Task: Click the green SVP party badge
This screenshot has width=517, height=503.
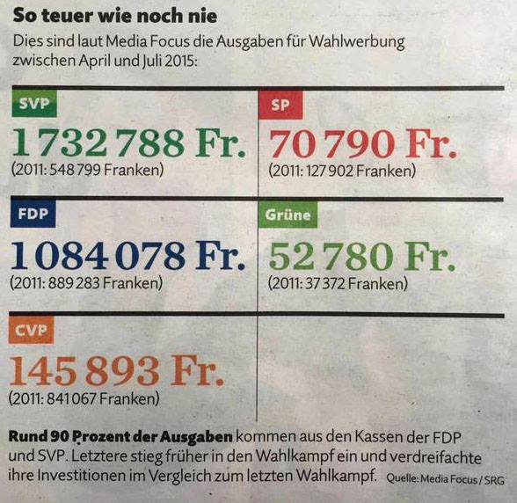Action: click(x=34, y=104)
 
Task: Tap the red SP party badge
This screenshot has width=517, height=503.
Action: click(x=280, y=105)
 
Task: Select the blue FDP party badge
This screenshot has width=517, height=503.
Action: click(x=33, y=214)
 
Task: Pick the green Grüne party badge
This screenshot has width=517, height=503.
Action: click(x=288, y=215)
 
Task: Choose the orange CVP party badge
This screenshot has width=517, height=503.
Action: click(x=31, y=330)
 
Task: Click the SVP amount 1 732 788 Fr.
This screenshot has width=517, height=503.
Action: click(x=129, y=142)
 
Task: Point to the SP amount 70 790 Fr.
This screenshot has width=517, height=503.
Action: click(x=363, y=144)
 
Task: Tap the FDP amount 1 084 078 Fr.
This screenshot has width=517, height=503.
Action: click(x=128, y=255)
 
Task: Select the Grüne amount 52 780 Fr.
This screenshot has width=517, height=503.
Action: click(x=362, y=256)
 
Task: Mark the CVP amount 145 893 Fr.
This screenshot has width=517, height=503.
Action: click(x=116, y=370)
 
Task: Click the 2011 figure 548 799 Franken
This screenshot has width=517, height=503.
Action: click(x=88, y=171)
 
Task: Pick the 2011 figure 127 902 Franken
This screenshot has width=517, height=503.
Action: click(x=342, y=171)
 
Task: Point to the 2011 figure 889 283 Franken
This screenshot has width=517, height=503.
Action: click(x=86, y=283)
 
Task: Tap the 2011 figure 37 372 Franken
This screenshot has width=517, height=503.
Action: click(x=338, y=284)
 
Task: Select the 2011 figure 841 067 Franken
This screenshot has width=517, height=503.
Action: click(x=84, y=398)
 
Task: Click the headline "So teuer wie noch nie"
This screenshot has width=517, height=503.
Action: click(x=115, y=16)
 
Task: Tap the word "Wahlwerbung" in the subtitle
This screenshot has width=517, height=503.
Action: click(x=357, y=42)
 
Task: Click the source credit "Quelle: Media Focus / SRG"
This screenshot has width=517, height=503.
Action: click(x=445, y=478)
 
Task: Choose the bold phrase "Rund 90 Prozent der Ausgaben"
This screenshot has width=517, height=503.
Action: click(x=120, y=437)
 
